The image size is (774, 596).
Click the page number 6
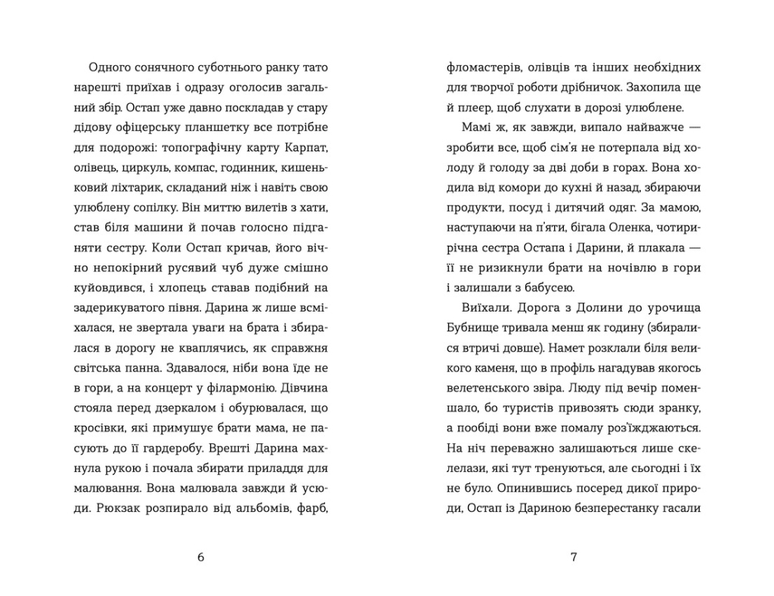[x=200, y=557]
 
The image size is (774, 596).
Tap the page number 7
[x=573, y=557]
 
